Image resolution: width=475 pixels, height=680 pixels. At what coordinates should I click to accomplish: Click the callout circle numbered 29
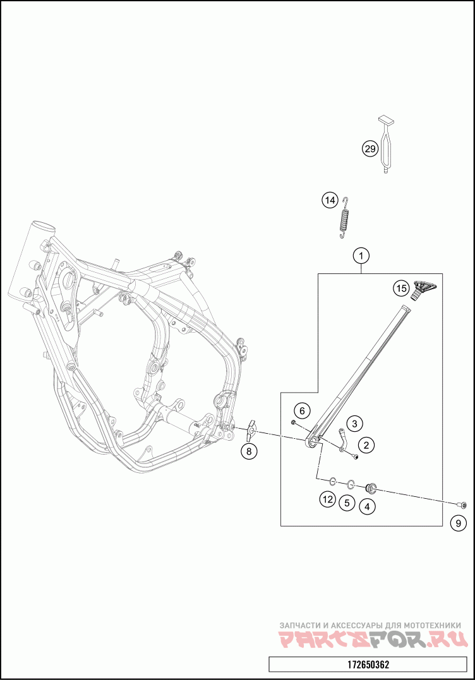(x=370, y=149)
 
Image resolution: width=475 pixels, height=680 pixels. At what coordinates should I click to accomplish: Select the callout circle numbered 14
(x=330, y=201)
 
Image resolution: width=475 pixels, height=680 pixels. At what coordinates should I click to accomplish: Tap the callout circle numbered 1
(x=361, y=256)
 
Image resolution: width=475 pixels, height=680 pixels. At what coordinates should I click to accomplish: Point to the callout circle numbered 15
(x=401, y=288)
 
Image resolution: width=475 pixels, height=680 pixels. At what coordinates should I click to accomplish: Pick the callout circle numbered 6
(x=302, y=411)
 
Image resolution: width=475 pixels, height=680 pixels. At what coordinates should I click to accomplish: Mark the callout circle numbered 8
(x=249, y=451)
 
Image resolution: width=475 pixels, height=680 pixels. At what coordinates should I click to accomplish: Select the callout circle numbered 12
(x=327, y=499)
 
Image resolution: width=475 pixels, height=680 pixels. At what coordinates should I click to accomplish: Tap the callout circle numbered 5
(x=346, y=503)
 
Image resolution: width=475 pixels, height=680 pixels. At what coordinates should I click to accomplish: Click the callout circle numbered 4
(x=367, y=505)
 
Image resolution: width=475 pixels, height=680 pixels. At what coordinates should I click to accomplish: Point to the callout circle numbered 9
(x=459, y=523)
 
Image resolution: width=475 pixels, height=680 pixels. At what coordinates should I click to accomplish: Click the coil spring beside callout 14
(x=344, y=218)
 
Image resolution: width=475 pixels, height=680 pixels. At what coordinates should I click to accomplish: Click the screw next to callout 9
(x=463, y=504)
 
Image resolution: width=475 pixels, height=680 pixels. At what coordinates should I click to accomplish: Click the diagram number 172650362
(x=368, y=665)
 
